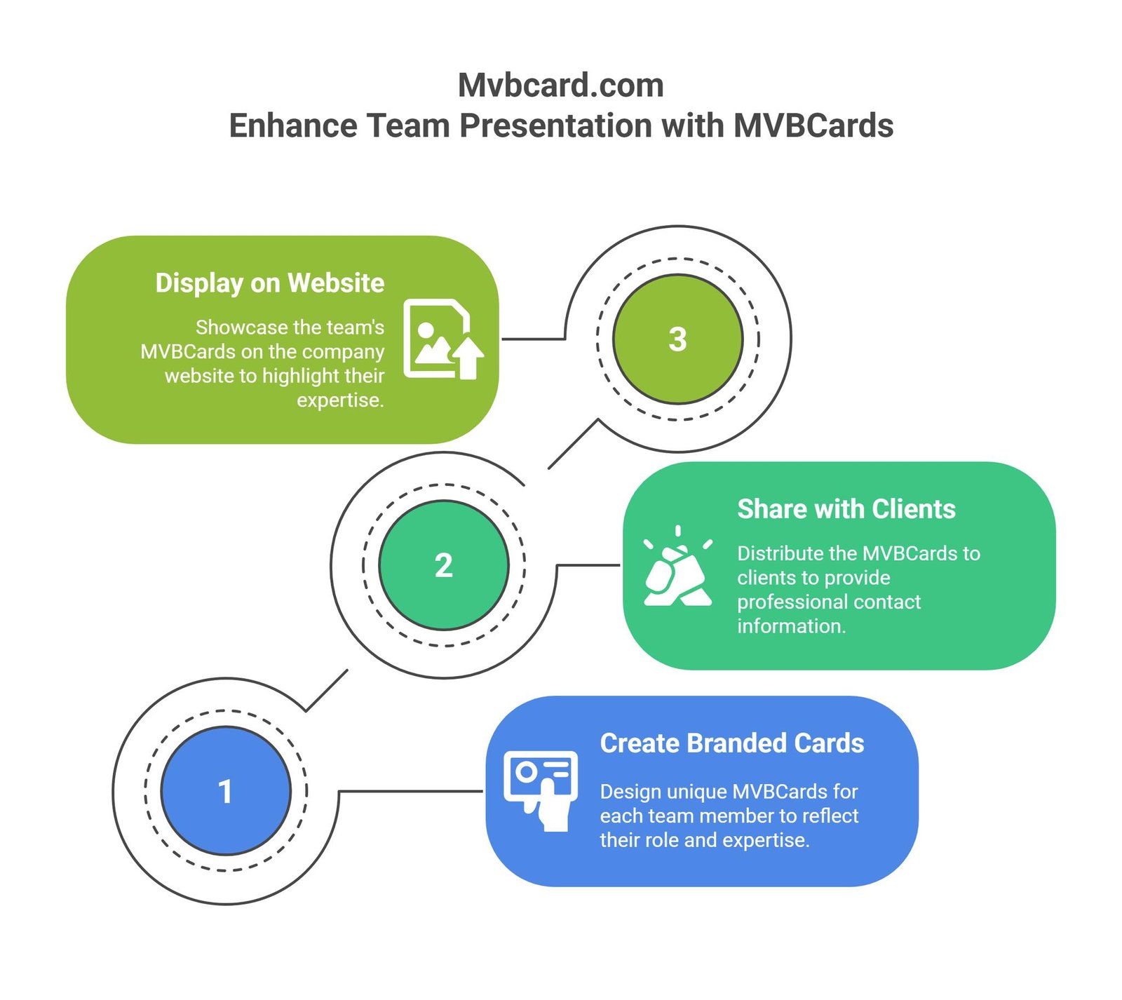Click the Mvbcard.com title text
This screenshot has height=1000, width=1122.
coord(560,86)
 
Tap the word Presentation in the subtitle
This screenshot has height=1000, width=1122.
coord(557,126)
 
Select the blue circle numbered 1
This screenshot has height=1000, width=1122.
coord(225,791)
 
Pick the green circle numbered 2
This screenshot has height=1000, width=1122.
coord(443,565)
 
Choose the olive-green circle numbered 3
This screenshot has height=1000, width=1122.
coord(677,339)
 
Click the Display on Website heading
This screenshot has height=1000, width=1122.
coord(269,283)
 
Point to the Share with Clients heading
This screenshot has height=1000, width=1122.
coord(846,509)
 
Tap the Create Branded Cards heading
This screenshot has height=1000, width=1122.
coord(731,743)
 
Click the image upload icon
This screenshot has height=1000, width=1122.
coord(442,339)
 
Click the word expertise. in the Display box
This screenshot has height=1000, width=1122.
coord(340,400)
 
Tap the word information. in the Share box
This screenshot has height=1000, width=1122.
coord(791,626)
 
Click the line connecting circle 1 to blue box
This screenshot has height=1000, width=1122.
coord(410,791)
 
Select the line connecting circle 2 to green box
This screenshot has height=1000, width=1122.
coord(588,565)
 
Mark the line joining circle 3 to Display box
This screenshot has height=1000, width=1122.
coord(533,339)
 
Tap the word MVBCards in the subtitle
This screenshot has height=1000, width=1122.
coord(813,126)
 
